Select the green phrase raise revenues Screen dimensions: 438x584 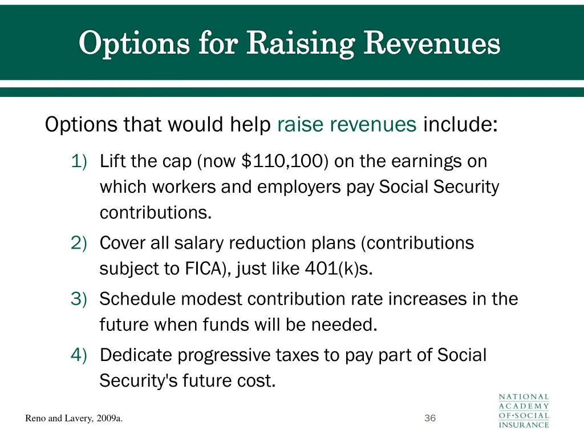tap(347, 124)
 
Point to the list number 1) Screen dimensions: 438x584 tap(79, 161)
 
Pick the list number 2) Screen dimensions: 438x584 tap(79, 243)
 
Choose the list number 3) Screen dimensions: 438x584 tap(79, 299)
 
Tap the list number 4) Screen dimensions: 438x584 tap(79, 355)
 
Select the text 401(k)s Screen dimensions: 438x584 tap(339, 269)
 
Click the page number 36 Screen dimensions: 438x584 tap(430, 419)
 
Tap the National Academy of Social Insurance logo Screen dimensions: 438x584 tap(524, 411)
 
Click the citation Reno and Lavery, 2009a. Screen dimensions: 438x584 tap(74, 419)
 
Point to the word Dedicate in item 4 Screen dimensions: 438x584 tap(136, 355)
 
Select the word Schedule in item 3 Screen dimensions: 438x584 tap(137, 299)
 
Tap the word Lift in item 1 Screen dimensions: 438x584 tap(112, 161)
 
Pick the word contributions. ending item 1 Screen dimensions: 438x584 tap(156, 213)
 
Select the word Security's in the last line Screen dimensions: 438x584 tap(139, 380)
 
